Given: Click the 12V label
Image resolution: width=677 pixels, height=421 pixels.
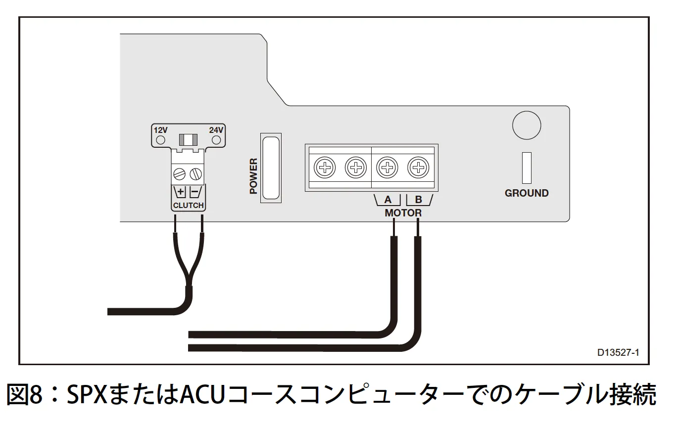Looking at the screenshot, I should (161, 130).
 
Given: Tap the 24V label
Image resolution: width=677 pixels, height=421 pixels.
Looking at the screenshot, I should (216, 130).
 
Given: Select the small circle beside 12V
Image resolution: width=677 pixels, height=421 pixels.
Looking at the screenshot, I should (160, 140).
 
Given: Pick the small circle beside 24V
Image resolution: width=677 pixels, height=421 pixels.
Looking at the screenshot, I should (216, 140).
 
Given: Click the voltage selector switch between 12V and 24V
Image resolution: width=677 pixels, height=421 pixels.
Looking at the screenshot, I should (188, 140).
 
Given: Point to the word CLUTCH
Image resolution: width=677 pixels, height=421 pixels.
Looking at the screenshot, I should (188, 205).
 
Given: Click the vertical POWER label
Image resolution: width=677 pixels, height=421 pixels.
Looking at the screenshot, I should (253, 176).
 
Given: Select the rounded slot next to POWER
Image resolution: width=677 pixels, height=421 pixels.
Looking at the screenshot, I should (271, 167).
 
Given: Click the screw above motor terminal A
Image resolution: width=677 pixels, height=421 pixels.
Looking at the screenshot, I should (387, 168).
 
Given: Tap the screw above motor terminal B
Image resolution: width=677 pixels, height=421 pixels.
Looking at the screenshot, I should (418, 168).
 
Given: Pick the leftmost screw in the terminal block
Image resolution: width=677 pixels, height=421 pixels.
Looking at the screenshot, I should (325, 168).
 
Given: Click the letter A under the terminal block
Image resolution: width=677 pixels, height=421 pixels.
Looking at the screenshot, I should (387, 200).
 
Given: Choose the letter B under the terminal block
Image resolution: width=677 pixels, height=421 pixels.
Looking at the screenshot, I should (419, 200).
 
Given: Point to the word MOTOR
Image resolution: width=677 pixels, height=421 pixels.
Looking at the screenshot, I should (403, 213).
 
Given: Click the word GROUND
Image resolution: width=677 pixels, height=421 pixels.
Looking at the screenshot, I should (527, 193).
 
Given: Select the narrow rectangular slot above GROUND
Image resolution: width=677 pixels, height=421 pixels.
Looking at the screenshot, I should (527, 168).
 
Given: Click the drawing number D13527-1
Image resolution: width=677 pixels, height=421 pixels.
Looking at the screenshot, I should (619, 353).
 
